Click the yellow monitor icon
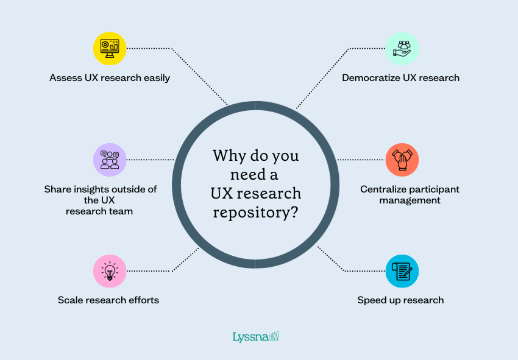click(x=110, y=48)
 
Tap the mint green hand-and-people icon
click(x=402, y=48)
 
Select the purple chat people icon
click(x=110, y=160)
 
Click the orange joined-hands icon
click(x=402, y=160)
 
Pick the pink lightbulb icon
click(x=110, y=271)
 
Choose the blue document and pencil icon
click(x=402, y=271)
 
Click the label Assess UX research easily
click(x=110, y=78)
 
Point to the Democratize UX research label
click(x=400, y=78)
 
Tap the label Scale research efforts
click(x=108, y=300)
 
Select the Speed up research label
click(x=400, y=300)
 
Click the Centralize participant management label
click(x=400, y=194)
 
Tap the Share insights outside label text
click(x=101, y=200)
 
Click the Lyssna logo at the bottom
click(x=255, y=336)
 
